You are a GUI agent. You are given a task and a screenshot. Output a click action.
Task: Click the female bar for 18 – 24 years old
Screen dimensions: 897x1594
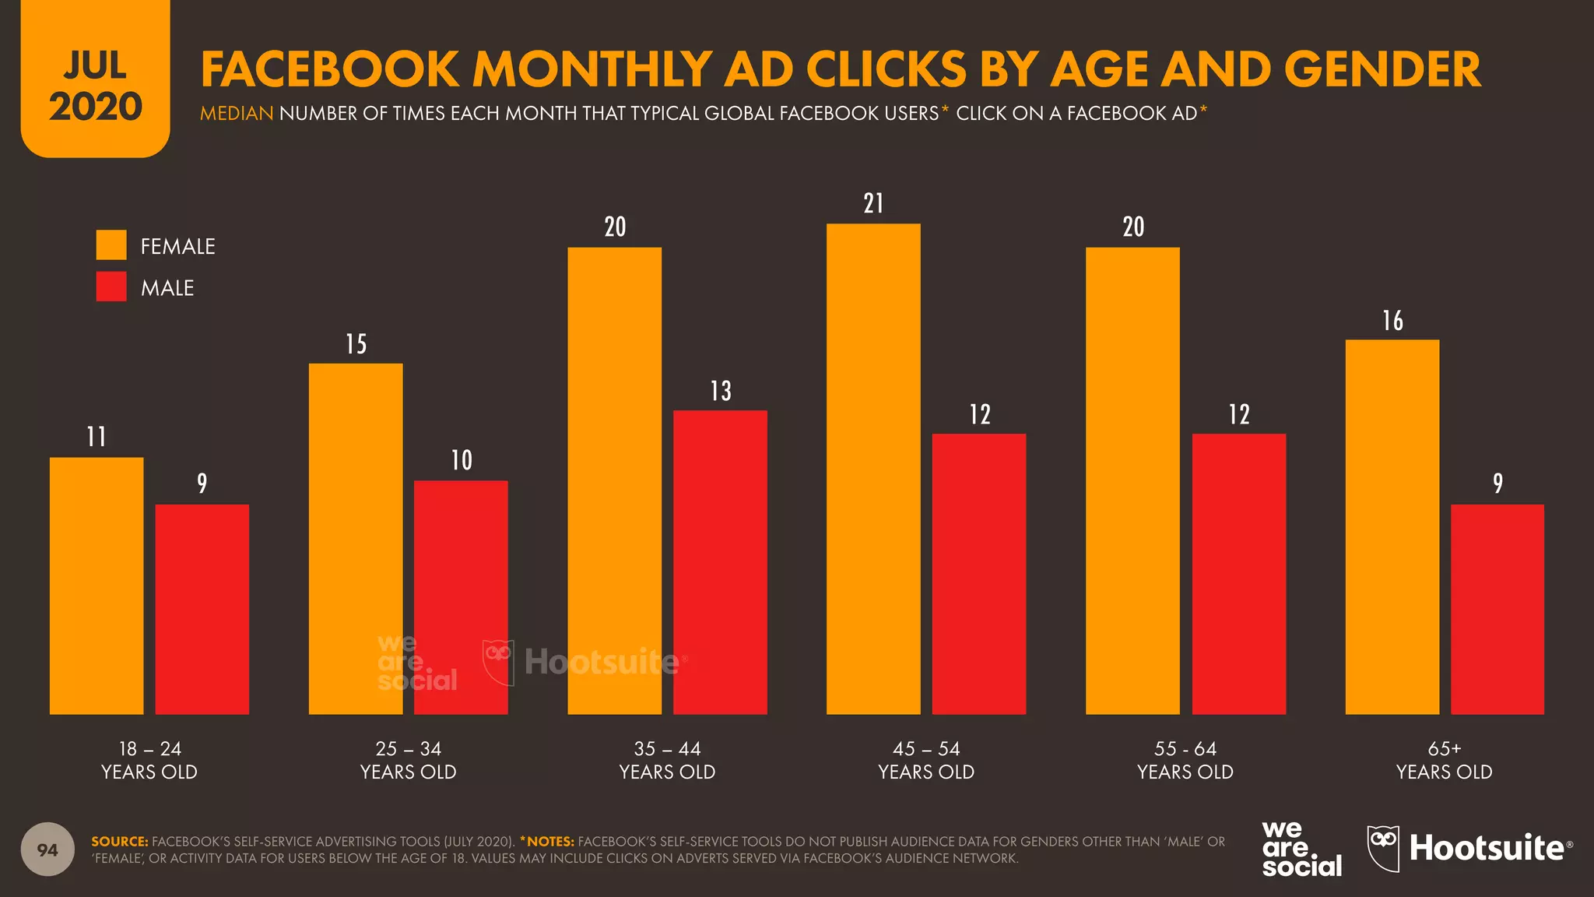pyautogui.click(x=97, y=586)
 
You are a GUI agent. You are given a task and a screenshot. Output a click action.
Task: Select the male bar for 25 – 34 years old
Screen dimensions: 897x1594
pyautogui.click(x=461, y=597)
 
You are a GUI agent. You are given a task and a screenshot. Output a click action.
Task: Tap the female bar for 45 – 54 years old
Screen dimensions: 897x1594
pyautogui.click(x=873, y=469)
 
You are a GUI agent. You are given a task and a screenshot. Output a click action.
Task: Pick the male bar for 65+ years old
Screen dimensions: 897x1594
pyautogui.click(x=1497, y=609)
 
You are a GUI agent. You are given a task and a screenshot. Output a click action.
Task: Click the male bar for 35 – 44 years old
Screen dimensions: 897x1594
pyautogui.click(x=720, y=562)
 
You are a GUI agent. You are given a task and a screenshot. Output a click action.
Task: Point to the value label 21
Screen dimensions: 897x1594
pyautogui.click(x=873, y=204)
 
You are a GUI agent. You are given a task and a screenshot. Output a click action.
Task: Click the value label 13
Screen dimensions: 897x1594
pyautogui.click(x=721, y=391)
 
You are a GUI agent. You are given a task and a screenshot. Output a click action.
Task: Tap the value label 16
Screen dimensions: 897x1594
pyautogui.click(x=1392, y=321)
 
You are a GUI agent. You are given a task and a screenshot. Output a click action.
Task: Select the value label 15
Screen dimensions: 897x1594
pyautogui.click(x=356, y=344)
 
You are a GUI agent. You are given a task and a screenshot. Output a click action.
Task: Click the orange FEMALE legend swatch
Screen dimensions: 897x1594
pyautogui.click(x=111, y=245)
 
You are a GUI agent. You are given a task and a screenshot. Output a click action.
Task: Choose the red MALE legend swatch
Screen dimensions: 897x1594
pyautogui.click(x=111, y=287)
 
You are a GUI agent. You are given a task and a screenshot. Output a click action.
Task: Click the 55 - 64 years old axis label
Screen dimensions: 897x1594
pyautogui.click(x=1185, y=760)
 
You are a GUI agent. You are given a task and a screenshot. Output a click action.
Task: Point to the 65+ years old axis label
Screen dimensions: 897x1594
pyautogui.click(x=1444, y=760)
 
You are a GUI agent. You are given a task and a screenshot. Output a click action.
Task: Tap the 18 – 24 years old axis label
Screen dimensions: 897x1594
pyautogui.click(x=149, y=760)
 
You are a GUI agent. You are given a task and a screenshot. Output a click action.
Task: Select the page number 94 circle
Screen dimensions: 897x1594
pyautogui.click(x=47, y=850)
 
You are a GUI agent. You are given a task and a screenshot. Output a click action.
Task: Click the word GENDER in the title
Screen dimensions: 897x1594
pyautogui.click(x=1382, y=70)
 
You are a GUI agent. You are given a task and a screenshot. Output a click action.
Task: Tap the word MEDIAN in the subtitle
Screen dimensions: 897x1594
pyautogui.click(x=237, y=114)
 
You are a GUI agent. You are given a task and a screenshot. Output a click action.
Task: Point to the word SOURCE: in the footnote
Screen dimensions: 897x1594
pyautogui.click(x=119, y=842)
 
